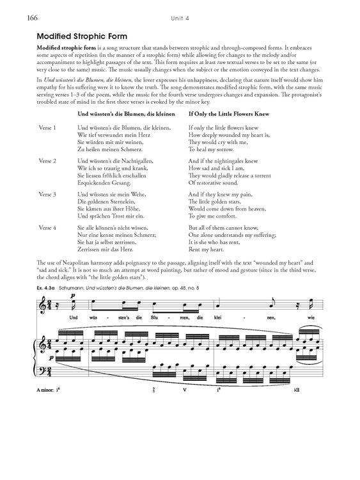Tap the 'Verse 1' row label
coord(48,127)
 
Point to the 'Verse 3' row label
coord(48,193)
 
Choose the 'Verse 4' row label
coord(48,227)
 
